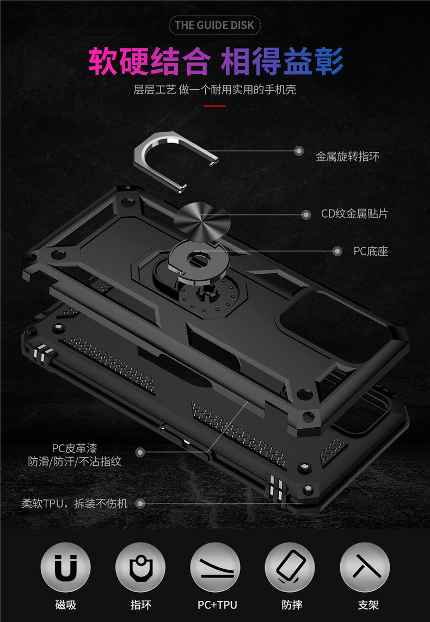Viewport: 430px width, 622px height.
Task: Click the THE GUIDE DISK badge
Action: pos(214,26)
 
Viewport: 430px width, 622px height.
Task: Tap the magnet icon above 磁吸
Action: pos(65,567)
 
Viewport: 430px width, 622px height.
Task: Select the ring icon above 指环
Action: pos(140,567)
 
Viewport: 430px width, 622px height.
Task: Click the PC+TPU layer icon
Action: pos(215,567)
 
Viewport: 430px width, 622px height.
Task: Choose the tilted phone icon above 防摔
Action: pos(290,567)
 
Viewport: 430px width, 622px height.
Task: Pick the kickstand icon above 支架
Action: pos(365,567)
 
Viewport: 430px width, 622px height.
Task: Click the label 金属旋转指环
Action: pos(347,156)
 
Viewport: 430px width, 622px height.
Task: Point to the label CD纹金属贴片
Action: pos(355,214)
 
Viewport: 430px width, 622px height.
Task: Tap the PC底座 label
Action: pos(371,251)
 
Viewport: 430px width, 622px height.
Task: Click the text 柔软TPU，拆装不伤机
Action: pos(75,504)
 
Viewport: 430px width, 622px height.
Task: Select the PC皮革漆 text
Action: pos(75,448)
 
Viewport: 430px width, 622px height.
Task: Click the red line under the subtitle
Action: pos(214,106)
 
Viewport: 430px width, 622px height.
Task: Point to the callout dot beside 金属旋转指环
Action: pos(299,151)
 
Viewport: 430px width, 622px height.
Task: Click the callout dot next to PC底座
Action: pos(337,251)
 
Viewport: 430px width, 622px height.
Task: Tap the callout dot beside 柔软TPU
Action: pos(140,504)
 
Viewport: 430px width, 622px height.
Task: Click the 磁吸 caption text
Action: pos(65,605)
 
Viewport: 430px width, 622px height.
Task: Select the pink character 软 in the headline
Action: pos(103,61)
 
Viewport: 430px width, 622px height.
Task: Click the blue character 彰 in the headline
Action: pos(328,61)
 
